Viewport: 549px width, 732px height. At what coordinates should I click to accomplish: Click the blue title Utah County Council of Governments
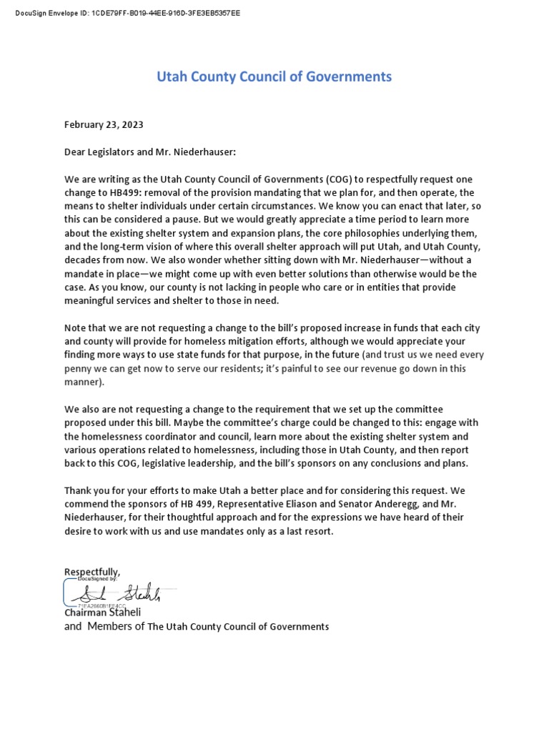point(274,76)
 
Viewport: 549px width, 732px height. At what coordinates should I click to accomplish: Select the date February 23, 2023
point(104,124)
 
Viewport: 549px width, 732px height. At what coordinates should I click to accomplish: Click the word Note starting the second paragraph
point(76,327)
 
